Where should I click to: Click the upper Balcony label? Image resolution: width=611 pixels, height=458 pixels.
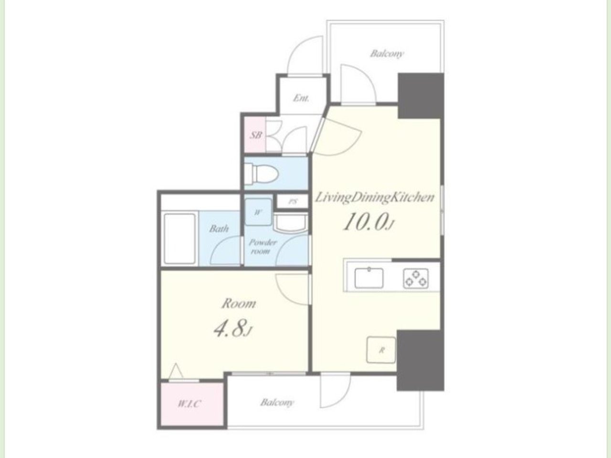(386, 53)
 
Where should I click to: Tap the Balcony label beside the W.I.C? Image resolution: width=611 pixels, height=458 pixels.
(277, 402)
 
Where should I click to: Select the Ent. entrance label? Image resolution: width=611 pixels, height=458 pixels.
(301, 98)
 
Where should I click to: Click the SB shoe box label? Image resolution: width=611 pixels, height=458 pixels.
(256, 135)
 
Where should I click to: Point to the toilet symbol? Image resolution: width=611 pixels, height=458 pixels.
(262, 174)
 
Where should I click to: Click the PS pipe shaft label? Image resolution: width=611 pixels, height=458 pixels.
(292, 202)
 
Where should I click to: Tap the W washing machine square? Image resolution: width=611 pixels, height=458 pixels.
(258, 212)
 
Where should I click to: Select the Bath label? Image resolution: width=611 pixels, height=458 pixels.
(219, 229)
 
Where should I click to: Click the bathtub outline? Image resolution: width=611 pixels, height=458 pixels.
(179, 239)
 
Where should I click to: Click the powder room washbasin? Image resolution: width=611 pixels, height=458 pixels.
(291, 222)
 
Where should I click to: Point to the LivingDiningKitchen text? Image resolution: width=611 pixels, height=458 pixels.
(375, 198)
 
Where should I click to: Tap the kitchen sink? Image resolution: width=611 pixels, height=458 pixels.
(369, 278)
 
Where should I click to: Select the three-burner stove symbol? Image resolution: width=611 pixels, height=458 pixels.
(416, 278)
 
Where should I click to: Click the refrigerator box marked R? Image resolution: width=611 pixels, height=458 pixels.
(381, 350)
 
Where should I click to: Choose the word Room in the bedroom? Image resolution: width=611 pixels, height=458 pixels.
(239, 304)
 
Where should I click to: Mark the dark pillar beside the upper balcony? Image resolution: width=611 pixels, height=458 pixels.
(421, 96)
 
